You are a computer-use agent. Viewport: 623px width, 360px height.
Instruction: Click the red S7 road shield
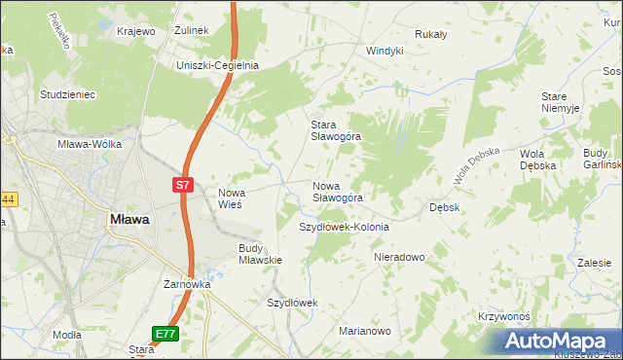coord(183,184)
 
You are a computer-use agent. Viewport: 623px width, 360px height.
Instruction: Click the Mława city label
coord(128,220)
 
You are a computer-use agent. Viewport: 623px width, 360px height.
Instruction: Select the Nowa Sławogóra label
coord(337,191)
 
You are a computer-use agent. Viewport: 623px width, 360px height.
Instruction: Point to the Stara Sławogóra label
coord(335,130)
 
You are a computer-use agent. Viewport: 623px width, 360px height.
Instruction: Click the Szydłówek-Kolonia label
coord(343,227)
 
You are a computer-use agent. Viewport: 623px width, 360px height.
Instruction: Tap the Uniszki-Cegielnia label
coord(216,65)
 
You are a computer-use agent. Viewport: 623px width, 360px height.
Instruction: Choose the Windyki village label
coord(384,51)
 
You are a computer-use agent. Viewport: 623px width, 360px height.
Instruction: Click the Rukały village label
coord(429,34)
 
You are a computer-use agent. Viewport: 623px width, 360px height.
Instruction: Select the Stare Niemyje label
coord(561,103)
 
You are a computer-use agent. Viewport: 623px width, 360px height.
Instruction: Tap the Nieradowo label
coord(399,257)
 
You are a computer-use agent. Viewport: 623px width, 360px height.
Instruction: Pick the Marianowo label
coord(365,331)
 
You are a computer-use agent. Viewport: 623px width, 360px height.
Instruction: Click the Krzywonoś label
coord(503,317)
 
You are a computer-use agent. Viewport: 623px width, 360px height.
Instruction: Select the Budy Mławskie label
coord(260,254)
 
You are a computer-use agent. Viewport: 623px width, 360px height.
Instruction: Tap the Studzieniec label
coord(66,94)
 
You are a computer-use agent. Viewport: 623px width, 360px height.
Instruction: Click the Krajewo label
coord(136,31)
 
